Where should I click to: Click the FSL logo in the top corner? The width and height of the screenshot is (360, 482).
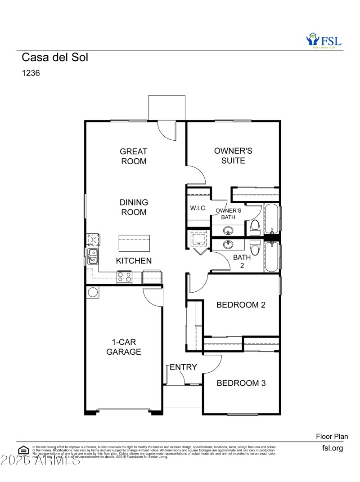click(324, 40)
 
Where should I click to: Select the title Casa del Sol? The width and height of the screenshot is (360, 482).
click(55, 58)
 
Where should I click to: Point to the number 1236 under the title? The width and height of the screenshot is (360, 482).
click(31, 73)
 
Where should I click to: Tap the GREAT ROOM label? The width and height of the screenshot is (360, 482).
click(134, 156)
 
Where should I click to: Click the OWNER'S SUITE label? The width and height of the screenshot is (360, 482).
click(233, 156)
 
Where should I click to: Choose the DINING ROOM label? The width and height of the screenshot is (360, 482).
click(134, 207)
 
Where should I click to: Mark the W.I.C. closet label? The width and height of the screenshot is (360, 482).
click(198, 208)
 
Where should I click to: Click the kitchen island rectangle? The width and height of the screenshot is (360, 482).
click(134, 243)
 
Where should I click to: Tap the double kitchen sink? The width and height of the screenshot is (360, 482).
click(92, 256)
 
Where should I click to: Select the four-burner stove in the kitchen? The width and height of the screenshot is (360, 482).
click(125, 277)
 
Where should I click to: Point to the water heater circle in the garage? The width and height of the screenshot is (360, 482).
click(93, 292)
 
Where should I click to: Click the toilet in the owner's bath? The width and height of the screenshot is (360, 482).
click(255, 227)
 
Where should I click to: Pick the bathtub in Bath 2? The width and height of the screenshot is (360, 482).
click(271, 257)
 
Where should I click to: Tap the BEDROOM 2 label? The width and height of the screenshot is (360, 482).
click(241, 305)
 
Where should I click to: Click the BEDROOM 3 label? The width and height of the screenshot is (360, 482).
click(241, 383)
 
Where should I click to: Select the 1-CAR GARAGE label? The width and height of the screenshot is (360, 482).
click(124, 347)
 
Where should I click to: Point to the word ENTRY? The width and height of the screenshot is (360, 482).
click(183, 367)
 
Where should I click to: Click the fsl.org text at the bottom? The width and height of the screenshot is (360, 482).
click(333, 448)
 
